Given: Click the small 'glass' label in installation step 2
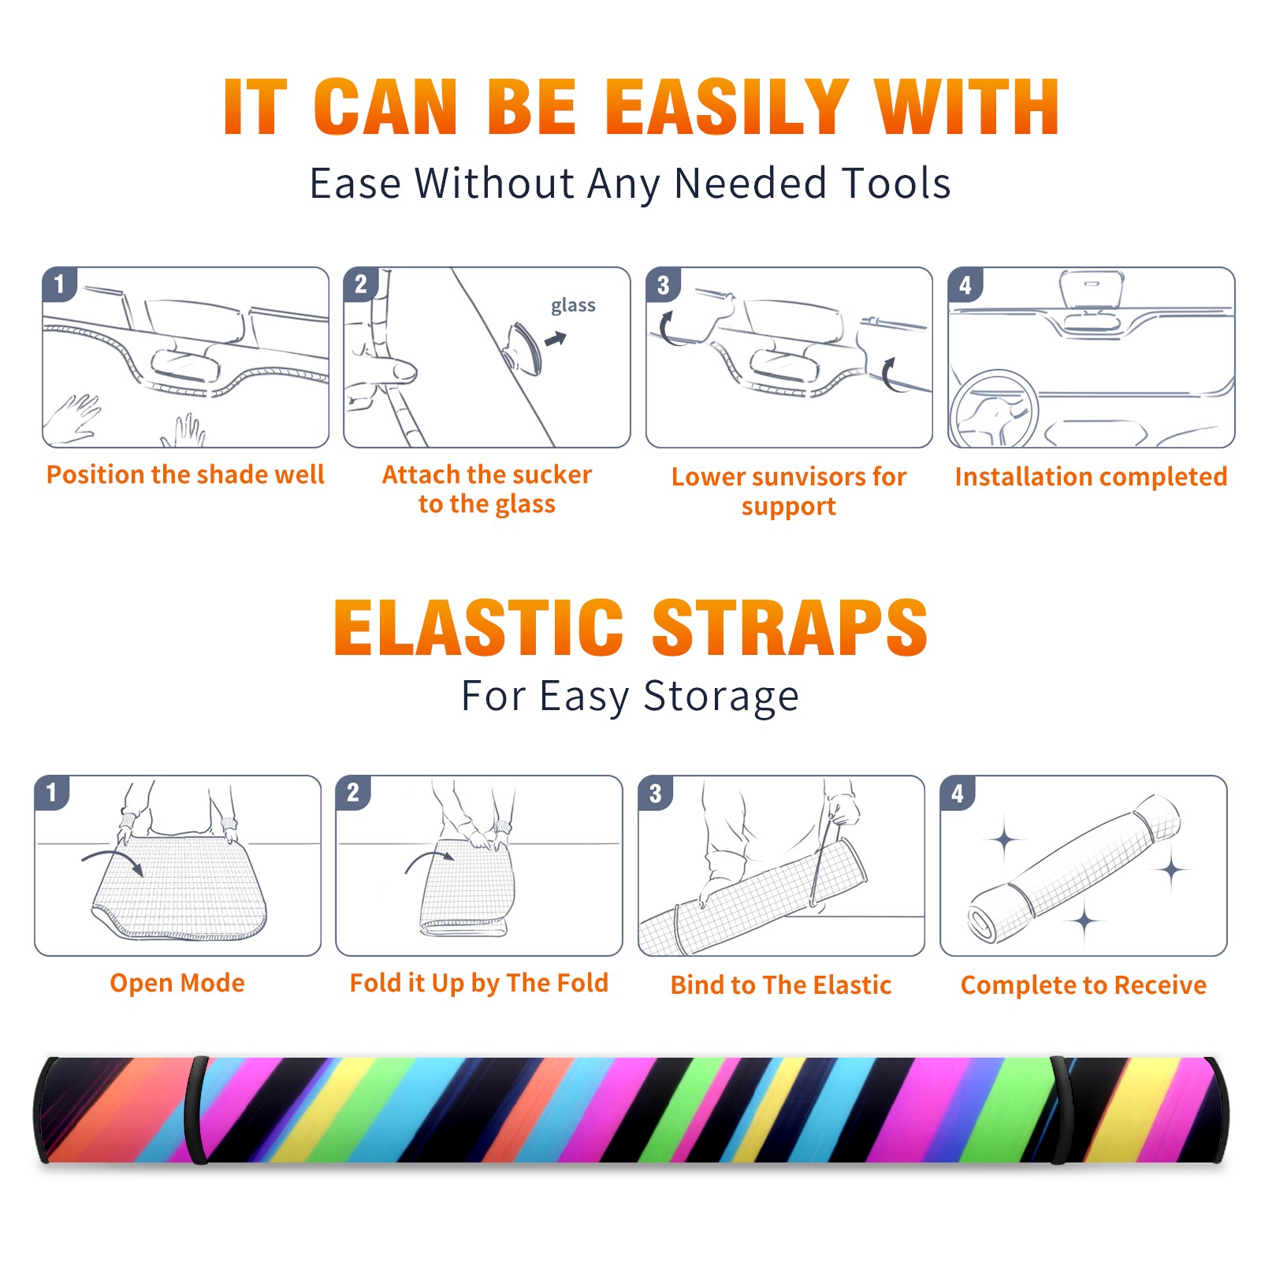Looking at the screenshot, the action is tap(573, 306).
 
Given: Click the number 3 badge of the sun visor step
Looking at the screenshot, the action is tap(663, 285).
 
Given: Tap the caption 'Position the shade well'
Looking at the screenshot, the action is tap(185, 474).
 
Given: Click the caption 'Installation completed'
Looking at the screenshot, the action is tap(1091, 476).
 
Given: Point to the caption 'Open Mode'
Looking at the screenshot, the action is tap(177, 984).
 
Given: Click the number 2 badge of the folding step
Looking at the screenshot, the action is tap(352, 792).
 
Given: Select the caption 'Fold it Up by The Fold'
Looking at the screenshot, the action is tap(479, 983).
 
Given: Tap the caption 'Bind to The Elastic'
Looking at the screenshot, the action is tap(781, 984).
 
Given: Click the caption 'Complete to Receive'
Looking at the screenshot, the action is tap(1084, 985).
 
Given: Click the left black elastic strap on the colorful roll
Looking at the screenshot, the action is tap(196, 1110).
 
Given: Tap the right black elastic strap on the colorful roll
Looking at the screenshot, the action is tap(1061, 1110).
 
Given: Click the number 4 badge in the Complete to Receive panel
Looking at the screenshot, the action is tap(957, 793).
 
